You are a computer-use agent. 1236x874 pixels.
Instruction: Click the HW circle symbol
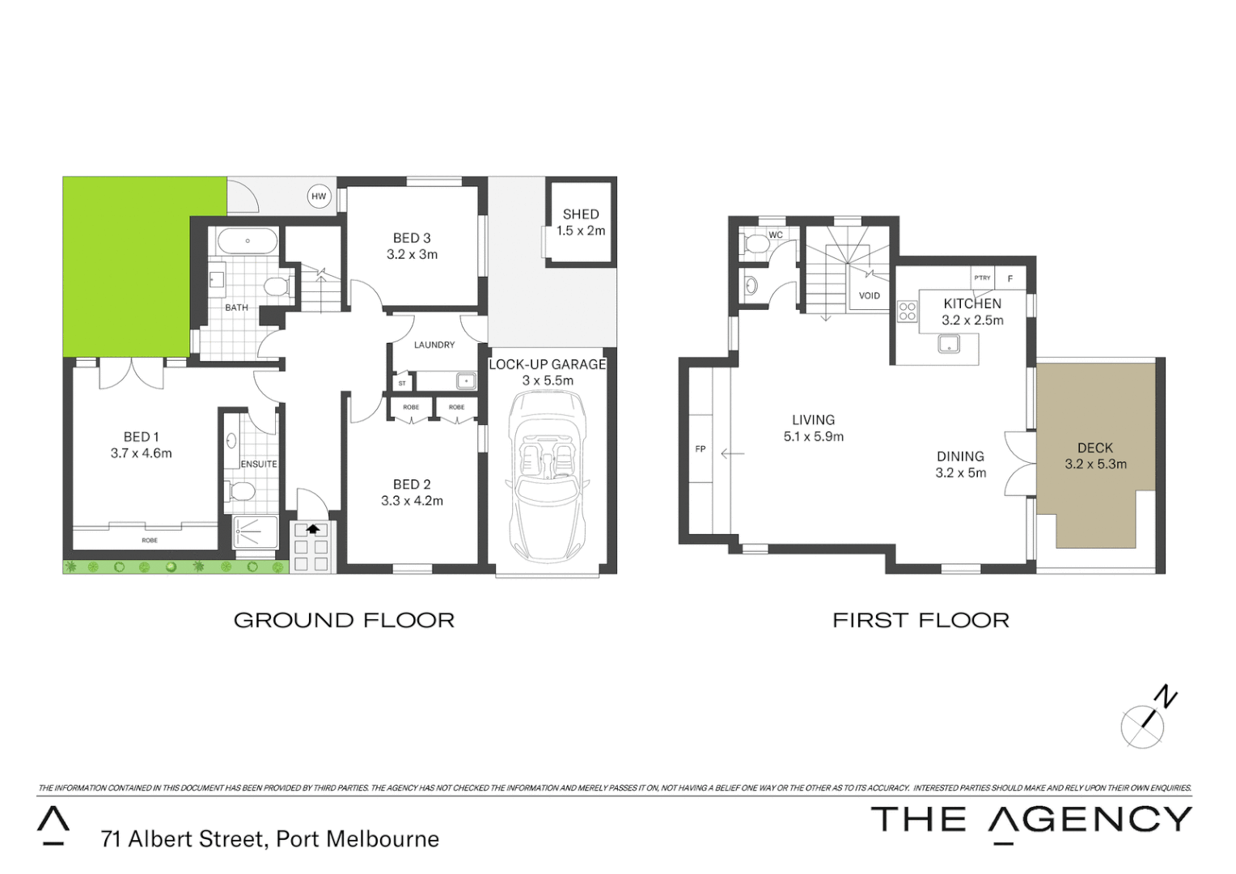point(319,197)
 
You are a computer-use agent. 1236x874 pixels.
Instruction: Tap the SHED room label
point(581,214)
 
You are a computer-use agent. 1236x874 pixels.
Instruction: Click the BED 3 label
point(412,238)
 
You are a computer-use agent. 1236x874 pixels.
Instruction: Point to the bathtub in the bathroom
point(248,241)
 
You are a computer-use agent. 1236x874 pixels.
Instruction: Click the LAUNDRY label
point(434,345)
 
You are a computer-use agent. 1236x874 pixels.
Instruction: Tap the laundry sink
point(466,380)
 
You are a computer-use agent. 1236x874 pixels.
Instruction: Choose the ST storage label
point(402,384)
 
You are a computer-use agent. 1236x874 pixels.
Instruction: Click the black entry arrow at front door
point(312,529)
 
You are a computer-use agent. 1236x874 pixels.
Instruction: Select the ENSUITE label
point(259,465)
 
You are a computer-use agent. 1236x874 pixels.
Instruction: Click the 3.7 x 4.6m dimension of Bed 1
point(142,454)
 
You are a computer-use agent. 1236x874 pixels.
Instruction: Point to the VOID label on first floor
point(870,296)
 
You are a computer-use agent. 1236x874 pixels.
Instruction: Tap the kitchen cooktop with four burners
point(907,312)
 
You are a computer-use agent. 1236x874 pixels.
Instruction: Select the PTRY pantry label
point(982,278)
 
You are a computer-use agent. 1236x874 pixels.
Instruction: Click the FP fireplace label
point(701,449)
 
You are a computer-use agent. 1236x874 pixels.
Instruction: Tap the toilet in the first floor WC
point(757,243)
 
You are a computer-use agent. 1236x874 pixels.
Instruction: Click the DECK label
point(1095,448)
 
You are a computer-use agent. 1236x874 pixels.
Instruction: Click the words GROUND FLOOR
point(344,621)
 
